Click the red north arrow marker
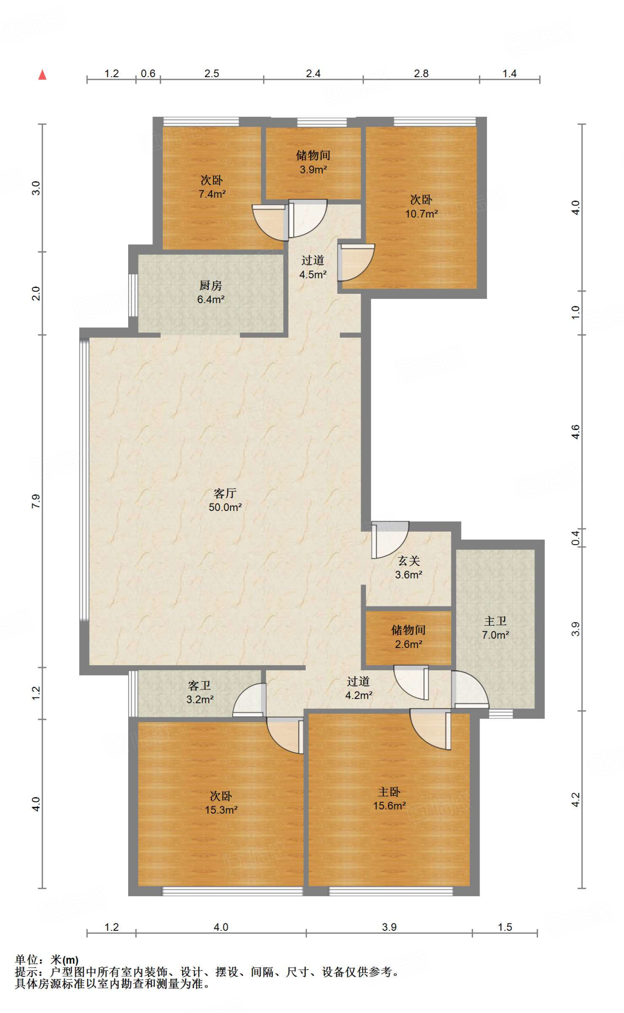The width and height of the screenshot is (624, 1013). coord(43,75)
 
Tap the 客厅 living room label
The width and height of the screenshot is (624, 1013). coord(225,493)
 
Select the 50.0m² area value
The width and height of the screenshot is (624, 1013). coord(225,507)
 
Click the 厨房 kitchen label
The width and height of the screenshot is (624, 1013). coord(211,285)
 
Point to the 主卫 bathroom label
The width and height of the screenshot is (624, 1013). coord(495,621)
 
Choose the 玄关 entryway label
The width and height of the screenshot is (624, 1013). coord(409,561)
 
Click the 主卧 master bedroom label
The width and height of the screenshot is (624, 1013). coord(389,792)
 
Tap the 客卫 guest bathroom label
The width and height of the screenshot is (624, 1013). coord(199,686)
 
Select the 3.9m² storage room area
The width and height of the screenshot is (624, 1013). coord(313,170)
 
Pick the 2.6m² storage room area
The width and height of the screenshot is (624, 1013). coord(409,644)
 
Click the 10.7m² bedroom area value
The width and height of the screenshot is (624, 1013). coord(422,214)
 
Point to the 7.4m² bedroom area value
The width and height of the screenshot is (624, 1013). coord(212,194)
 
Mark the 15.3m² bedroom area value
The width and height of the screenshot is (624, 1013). coord(221,810)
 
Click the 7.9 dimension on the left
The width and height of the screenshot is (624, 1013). coord(36,501)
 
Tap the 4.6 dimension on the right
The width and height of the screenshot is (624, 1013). coord(575,432)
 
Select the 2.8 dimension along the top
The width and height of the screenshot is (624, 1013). coord(421,74)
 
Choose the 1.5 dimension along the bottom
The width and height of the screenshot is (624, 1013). coord(505,927)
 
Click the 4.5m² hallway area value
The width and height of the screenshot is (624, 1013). coord(313,274)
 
